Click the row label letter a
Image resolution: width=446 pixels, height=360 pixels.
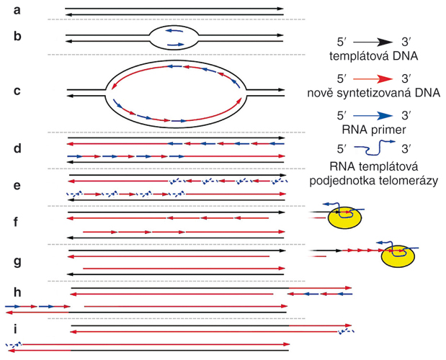click(x=17, y=11)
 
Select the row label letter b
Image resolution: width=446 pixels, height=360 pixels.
click(x=17, y=36)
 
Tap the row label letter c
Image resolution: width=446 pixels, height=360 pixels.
click(x=17, y=91)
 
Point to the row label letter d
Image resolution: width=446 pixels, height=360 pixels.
click(x=17, y=148)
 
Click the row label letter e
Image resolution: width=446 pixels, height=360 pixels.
click(x=17, y=186)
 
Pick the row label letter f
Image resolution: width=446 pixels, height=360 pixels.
click(x=17, y=222)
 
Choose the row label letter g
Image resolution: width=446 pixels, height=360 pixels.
click(x=17, y=261)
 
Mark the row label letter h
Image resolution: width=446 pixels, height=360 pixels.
click(x=17, y=292)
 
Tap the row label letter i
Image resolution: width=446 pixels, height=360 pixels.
click(x=15, y=329)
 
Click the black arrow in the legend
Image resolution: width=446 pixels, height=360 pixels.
click(x=373, y=42)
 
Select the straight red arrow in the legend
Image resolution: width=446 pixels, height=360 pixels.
click(x=373, y=79)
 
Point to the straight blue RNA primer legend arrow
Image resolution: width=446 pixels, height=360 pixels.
click(x=373, y=116)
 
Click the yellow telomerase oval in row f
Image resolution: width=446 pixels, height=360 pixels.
click(x=344, y=217)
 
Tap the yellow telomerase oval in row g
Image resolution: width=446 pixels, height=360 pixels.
click(x=398, y=256)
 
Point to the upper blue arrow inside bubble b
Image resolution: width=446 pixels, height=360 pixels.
click(x=174, y=31)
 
